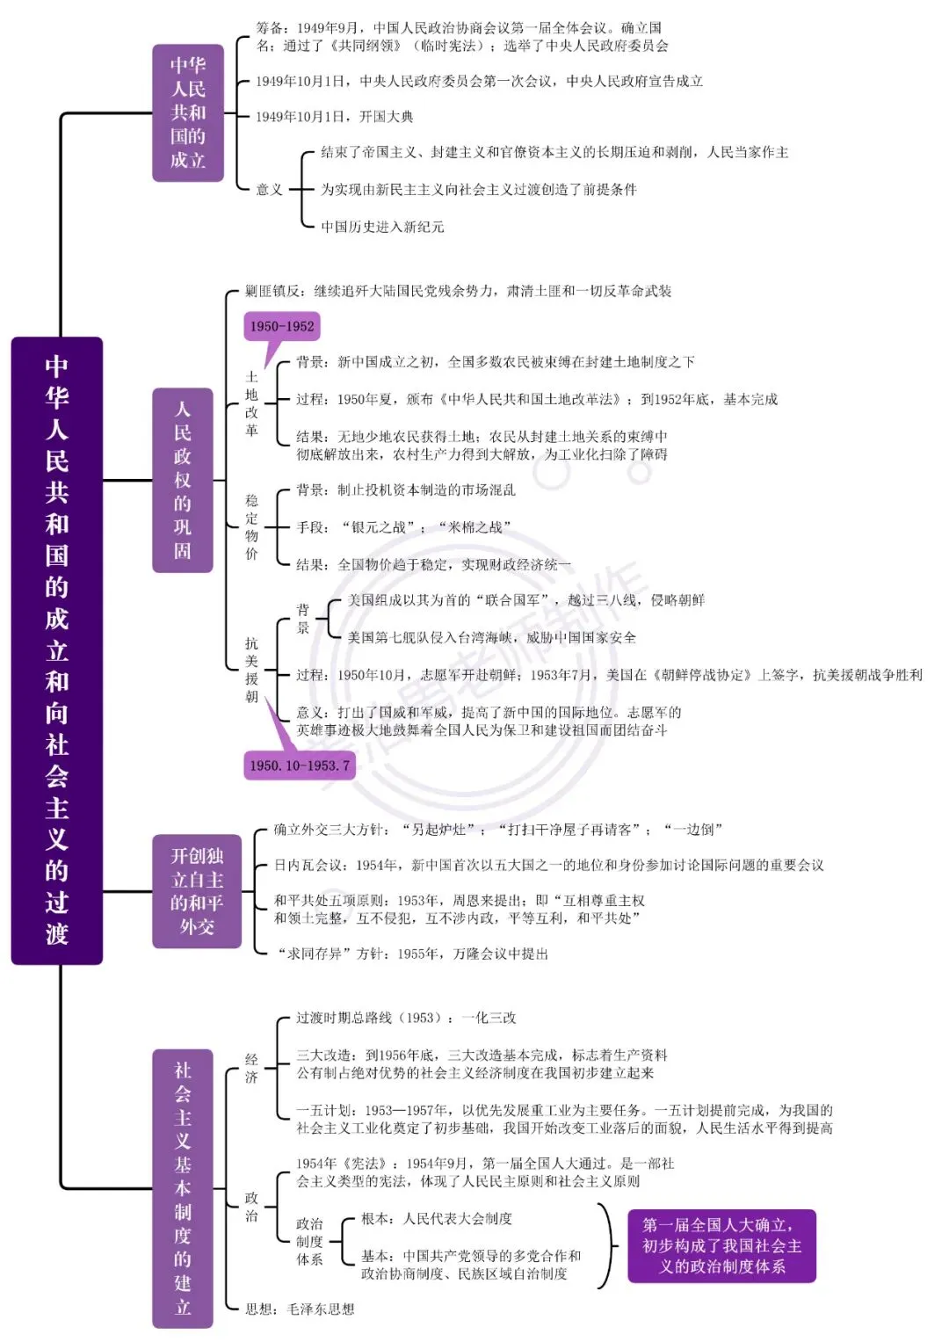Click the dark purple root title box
tap(57, 650)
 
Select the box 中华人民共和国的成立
tap(188, 112)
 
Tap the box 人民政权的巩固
tap(183, 480)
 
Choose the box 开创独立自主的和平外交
tap(197, 891)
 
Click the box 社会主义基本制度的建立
tap(183, 1188)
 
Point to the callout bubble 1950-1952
tap(281, 327)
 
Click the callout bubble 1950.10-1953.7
tap(299, 765)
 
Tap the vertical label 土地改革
tap(251, 403)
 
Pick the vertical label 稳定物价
tap(251, 526)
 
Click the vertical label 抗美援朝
tap(251, 670)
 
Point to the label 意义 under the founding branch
tap(269, 189)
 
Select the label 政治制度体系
tap(309, 1241)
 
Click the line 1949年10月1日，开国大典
tap(334, 116)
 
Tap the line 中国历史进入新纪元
tap(382, 227)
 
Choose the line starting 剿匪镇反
tap(458, 291)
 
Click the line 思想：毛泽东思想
tap(300, 1309)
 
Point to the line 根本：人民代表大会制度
tap(436, 1219)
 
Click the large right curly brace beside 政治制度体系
tap(606, 1245)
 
